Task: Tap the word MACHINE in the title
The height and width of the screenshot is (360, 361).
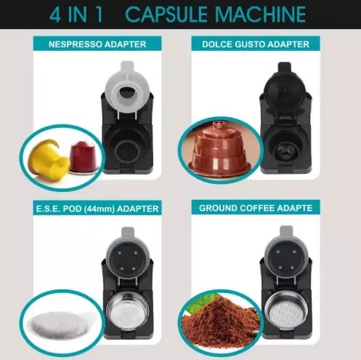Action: coord(261,15)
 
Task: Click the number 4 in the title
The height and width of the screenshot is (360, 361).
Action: coord(54,15)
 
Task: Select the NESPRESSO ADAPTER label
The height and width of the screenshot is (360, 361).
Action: coord(97,44)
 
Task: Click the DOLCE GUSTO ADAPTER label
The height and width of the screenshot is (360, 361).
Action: coord(256,44)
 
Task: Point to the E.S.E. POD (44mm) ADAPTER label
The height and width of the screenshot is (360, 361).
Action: coord(97,209)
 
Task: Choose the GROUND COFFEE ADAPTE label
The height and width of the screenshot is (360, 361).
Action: coord(256,208)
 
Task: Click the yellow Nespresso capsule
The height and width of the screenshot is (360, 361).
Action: coord(49,159)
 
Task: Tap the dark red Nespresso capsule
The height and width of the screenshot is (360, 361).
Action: coord(83,158)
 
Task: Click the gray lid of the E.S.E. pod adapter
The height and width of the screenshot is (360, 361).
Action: coord(127,252)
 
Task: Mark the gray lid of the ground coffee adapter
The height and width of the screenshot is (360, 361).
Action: coord(286,250)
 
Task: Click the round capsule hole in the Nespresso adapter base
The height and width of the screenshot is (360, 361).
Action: coord(126,151)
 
